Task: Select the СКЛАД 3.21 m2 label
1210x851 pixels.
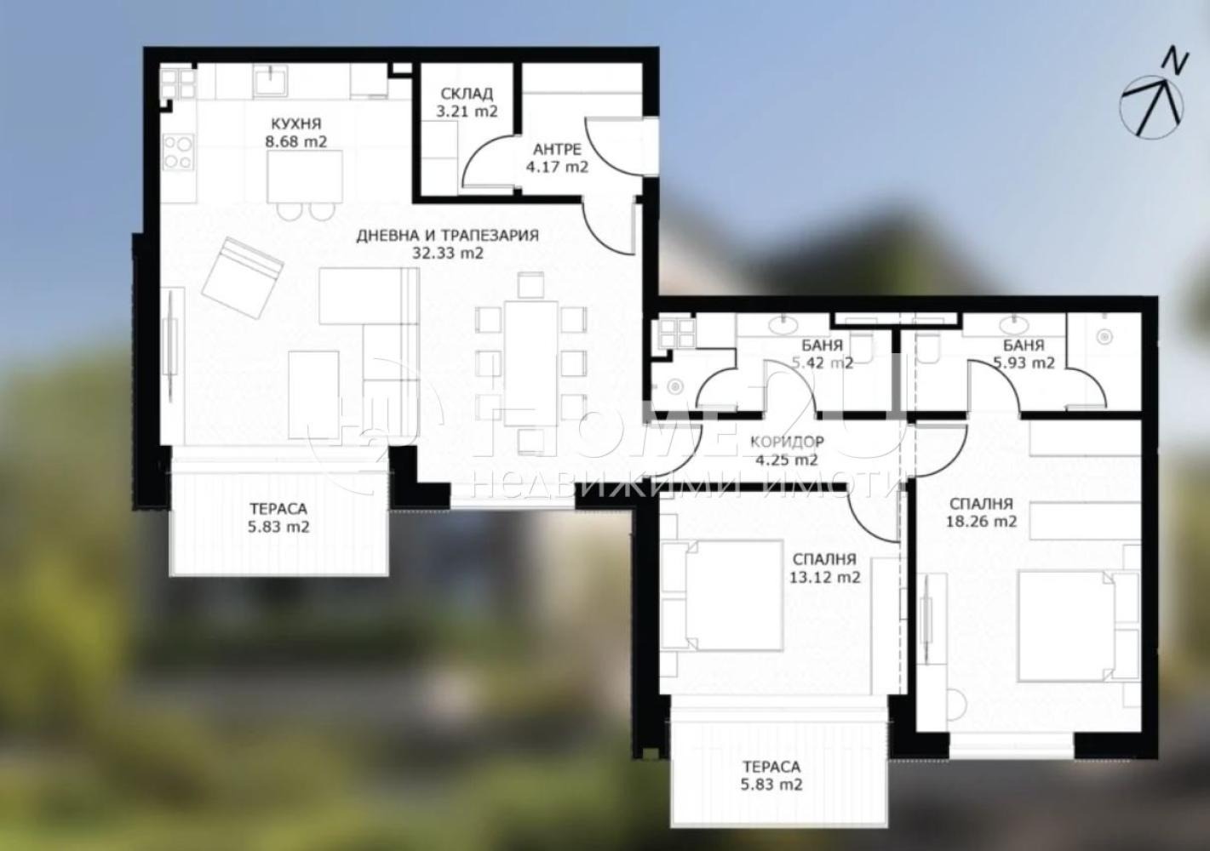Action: pos(467,103)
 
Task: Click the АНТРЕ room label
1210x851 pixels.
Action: pos(557,149)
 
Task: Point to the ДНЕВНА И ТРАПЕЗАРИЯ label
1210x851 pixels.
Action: pos(447,236)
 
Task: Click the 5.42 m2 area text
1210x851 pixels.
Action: pos(823,363)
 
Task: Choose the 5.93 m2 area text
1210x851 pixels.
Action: pos(1024,363)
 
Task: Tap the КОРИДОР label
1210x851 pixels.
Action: pos(788,442)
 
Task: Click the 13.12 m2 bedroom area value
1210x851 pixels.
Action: pos(825,577)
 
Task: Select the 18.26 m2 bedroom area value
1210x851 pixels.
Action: pos(982,521)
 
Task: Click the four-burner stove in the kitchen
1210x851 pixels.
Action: pos(178,152)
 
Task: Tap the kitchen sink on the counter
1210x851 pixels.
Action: pos(271,81)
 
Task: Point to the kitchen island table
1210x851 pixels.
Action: pos(305,176)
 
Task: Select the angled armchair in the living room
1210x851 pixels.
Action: pos(243,277)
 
